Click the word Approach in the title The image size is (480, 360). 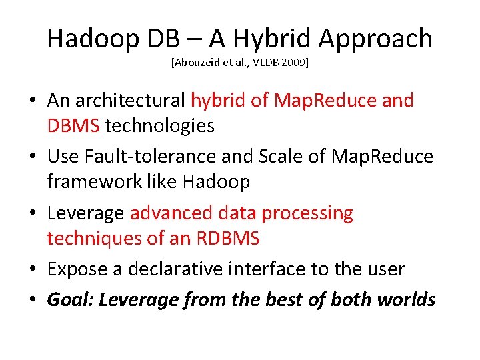tap(375, 40)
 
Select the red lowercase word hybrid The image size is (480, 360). tap(213, 101)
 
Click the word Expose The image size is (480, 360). tap(74, 269)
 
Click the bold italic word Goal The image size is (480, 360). tap(70, 299)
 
